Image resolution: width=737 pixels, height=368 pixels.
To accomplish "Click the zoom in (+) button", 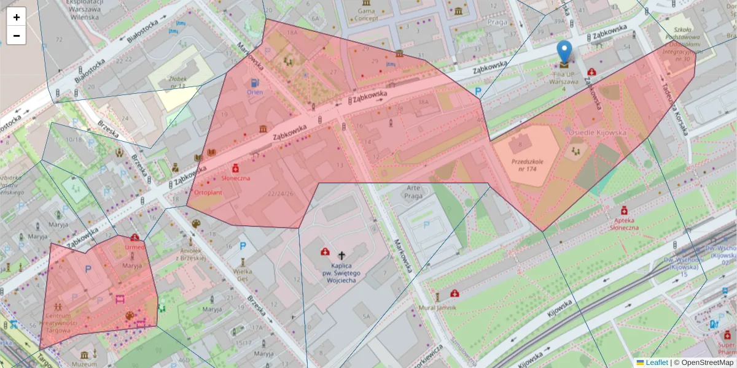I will tap(17, 17).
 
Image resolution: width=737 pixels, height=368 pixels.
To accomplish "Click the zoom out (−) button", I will tap(17, 36).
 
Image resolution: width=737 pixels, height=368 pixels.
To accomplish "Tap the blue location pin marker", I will tap(564, 53).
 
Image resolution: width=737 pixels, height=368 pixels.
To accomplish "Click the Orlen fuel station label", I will tap(255, 93).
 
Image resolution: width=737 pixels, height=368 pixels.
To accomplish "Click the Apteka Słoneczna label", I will tap(625, 223).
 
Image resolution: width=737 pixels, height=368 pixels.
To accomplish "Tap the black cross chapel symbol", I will tap(342, 253).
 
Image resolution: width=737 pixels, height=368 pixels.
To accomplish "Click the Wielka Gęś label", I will tap(244, 274).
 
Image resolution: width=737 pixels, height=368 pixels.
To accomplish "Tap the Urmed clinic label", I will tap(135, 247).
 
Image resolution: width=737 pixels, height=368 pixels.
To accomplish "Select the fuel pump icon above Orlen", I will tap(255, 82).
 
